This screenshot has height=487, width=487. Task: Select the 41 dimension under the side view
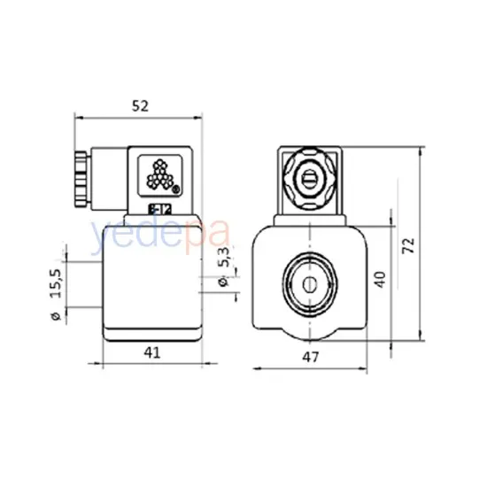(153, 352)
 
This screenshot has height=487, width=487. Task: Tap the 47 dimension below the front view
(309, 357)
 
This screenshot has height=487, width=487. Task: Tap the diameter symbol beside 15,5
(56, 315)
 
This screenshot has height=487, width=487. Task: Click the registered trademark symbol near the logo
(175, 189)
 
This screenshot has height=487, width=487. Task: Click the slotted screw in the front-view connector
(308, 181)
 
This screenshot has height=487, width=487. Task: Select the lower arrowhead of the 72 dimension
(421, 342)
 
